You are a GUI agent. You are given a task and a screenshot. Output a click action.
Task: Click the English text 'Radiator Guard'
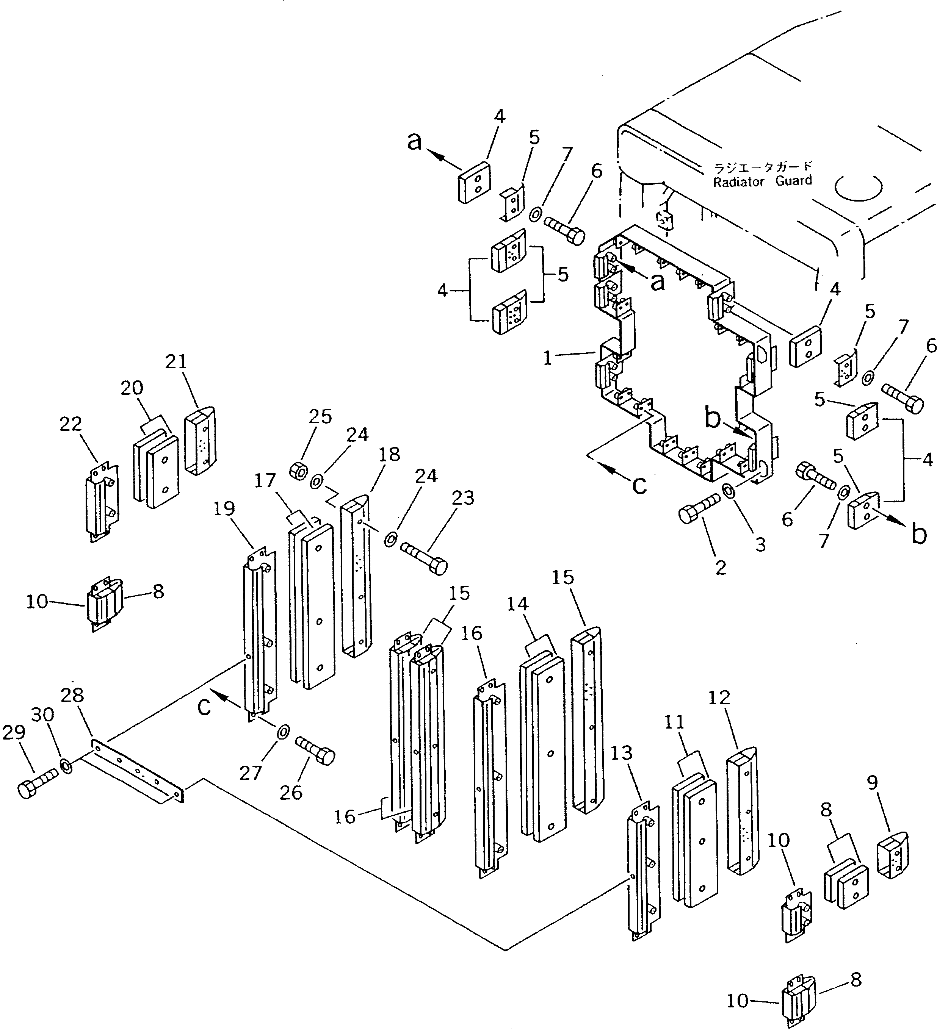click(762, 181)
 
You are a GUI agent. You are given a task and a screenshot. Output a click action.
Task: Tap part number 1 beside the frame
click(548, 358)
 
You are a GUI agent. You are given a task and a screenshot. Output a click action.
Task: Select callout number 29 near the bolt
click(14, 732)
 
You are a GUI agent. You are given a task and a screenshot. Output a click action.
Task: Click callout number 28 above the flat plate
click(72, 695)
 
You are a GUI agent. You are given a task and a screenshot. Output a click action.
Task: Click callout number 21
click(176, 361)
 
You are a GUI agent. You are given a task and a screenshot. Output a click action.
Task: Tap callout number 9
click(872, 782)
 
